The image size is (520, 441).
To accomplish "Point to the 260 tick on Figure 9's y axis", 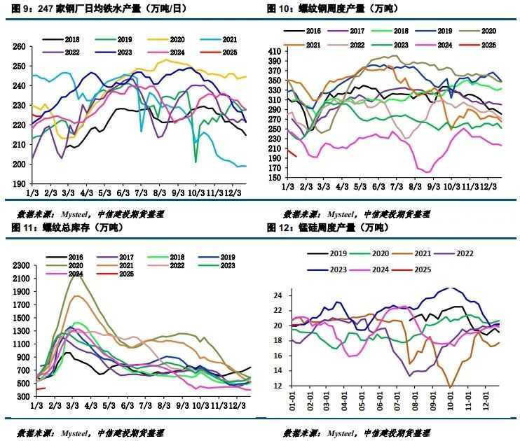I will [20, 46].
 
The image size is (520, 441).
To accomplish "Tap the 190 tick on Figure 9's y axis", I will [20, 184].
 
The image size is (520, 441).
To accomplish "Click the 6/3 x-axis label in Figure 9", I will [123, 192].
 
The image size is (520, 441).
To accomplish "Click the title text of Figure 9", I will [88, 9].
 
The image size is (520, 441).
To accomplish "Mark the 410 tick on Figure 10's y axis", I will [274, 51].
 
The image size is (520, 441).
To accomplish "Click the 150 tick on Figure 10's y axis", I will [274, 178].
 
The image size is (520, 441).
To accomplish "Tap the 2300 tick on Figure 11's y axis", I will [21, 265].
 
